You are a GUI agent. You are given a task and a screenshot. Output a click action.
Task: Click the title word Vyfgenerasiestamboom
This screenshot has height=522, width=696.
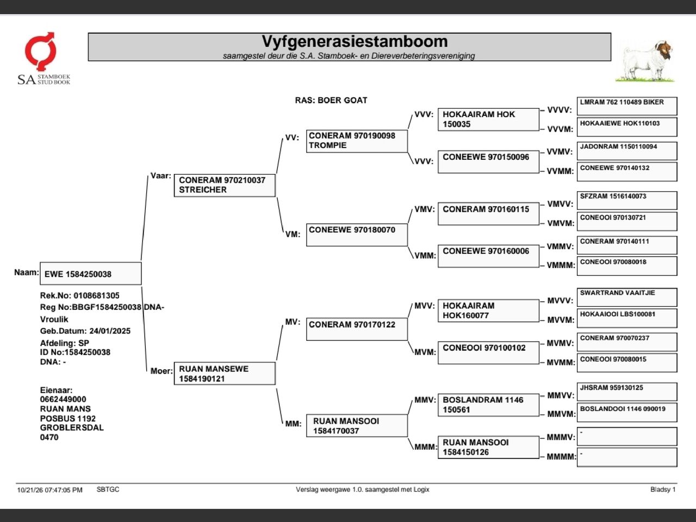point(355,41)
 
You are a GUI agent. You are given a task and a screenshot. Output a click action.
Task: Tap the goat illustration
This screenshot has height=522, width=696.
point(645,61)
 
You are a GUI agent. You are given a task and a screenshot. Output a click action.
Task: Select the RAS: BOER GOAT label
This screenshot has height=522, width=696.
point(331,100)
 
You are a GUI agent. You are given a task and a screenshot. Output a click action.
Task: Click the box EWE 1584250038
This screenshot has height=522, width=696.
point(91,274)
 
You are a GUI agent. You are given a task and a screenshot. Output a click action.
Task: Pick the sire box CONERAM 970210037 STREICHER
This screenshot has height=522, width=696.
point(225,185)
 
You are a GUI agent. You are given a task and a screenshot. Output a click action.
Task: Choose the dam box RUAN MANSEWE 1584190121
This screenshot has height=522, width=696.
point(225,374)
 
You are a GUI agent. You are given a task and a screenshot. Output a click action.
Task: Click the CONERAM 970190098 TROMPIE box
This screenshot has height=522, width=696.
point(357,141)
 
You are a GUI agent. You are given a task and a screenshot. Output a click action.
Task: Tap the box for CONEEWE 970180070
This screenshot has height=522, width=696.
point(357,235)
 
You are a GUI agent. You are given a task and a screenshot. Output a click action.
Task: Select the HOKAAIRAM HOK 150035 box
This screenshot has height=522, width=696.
point(488,119)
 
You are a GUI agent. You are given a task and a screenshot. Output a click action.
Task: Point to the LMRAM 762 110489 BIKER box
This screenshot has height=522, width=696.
point(627,106)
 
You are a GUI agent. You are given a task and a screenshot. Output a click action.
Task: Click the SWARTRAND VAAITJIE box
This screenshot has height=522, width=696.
point(627,297)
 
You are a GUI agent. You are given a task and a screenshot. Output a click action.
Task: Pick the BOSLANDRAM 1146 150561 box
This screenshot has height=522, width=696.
point(488,405)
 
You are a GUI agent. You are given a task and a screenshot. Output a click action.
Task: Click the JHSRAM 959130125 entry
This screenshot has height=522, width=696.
point(627,391)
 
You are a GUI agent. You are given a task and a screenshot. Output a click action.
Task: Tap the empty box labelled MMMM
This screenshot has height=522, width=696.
point(627,457)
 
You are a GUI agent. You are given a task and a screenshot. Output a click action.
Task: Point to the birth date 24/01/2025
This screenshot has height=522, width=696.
point(110,331)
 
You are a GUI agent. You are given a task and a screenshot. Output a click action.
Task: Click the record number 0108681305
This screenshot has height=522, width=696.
point(96,295)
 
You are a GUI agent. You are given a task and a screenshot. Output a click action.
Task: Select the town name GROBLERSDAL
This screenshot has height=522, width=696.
point(72,427)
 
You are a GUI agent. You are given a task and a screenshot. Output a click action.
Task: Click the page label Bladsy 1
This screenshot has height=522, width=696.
point(663,489)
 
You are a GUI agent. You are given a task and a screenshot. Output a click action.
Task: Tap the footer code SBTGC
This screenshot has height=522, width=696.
point(108,489)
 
